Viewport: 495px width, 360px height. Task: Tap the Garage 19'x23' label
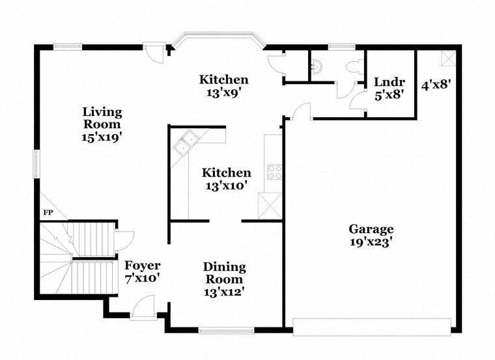[371, 235]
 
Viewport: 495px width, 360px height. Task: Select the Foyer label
[142, 271]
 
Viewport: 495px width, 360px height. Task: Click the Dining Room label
[224, 279]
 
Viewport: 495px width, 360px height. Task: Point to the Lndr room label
[389, 88]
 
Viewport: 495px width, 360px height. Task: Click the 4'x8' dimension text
[436, 84]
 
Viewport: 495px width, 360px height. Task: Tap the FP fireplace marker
[48, 213]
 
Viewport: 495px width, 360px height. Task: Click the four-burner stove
[274, 173]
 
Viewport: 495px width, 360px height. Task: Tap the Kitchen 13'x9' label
[223, 86]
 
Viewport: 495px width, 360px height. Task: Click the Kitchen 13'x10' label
[226, 179]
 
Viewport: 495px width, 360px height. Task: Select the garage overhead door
[371, 326]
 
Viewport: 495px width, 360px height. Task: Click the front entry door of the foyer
[143, 309]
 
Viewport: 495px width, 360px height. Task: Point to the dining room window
[225, 330]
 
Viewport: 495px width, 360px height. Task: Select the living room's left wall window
[36, 162]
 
